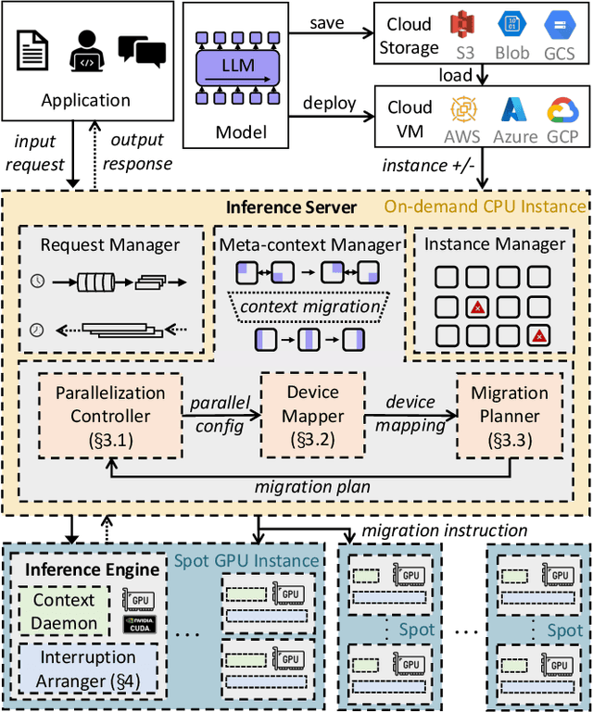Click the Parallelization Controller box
pos(110,414)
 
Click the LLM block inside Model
pos(239,66)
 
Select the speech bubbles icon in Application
pos(142,52)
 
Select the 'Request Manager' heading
pos(110,245)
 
